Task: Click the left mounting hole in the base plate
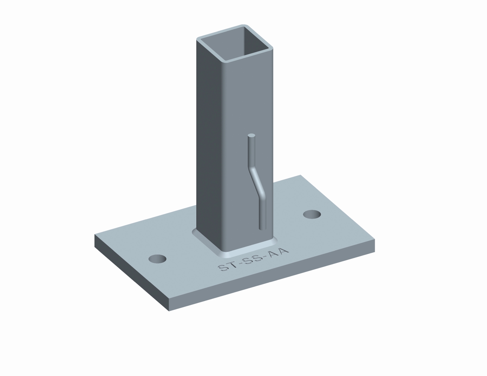click(157, 259)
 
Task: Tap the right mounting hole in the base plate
click(312, 214)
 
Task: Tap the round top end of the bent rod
click(251, 135)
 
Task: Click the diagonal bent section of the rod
click(257, 182)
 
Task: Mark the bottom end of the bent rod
click(262, 228)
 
